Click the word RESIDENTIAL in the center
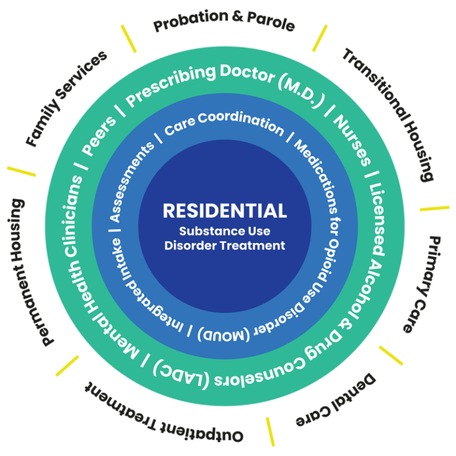point(224,211)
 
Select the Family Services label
point(66,98)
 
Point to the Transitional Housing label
point(392,113)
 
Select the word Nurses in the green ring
point(352,141)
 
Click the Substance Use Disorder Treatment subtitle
point(224,238)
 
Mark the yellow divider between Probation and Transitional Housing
point(320,37)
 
